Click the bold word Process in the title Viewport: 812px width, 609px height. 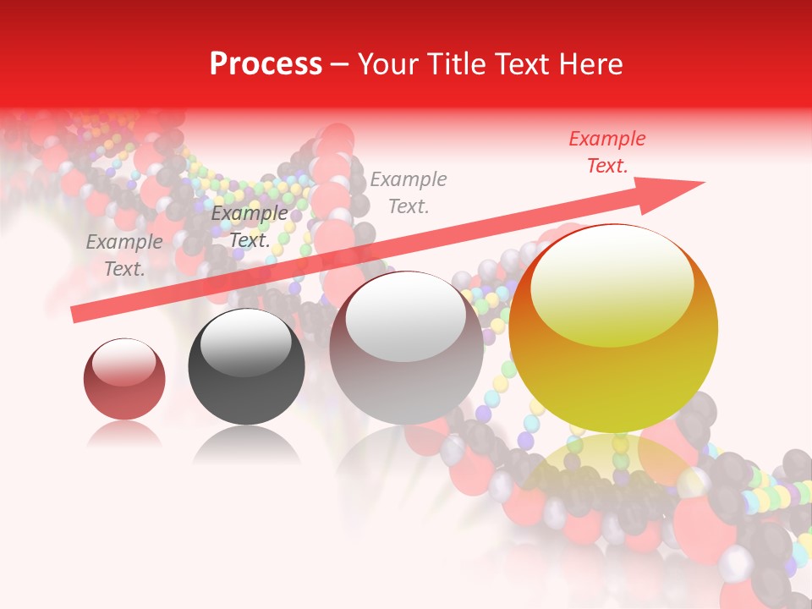click(x=266, y=64)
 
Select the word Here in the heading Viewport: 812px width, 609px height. click(x=590, y=64)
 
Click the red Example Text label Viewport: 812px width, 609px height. click(x=606, y=152)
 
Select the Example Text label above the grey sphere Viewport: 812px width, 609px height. click(x=409, y=192)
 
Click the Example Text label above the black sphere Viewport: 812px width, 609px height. click(x=250, y=227)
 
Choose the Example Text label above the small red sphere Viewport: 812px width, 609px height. click(x=124, y=255)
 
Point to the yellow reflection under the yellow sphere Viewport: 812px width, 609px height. click(x=613, y=465)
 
